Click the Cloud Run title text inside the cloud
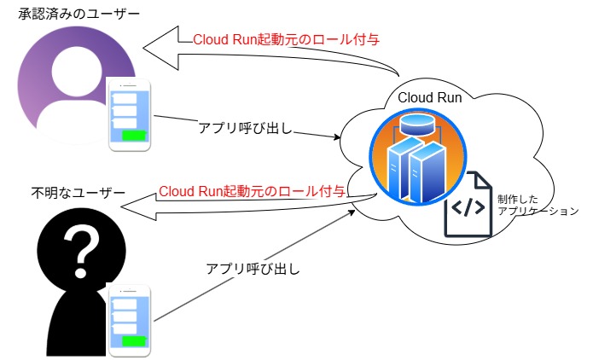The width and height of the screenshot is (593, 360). pyautogui.click(x=430, y=98)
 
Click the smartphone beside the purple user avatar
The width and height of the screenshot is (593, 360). pyautogui.click(x=129, y=115)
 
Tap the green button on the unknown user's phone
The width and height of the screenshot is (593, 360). pyautogui.click(x=135, y=341)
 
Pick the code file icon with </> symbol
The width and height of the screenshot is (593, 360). pyautogui.click(x=468, y=206)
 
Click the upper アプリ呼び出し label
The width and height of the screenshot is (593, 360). pyautogui.click(x=245, y=129)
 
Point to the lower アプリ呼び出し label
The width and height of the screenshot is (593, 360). pyautogui.click(x=253, y=269)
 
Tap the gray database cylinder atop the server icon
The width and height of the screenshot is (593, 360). pyautogui.click(x=413, y=125)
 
